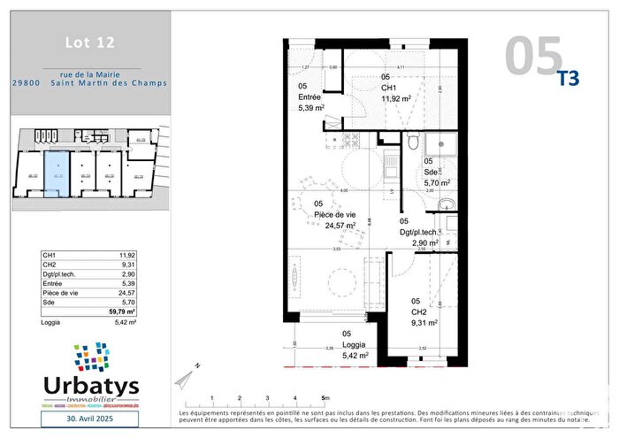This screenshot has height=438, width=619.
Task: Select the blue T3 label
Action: (x=568, y=78)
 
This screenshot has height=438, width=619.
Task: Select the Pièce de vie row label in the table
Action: (x=61, y=293)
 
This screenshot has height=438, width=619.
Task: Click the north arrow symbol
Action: (x=185, y=380)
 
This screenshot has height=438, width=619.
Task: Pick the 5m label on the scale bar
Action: (x=326, y=397)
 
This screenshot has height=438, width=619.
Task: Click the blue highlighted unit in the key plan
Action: (x=57, y=173)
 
